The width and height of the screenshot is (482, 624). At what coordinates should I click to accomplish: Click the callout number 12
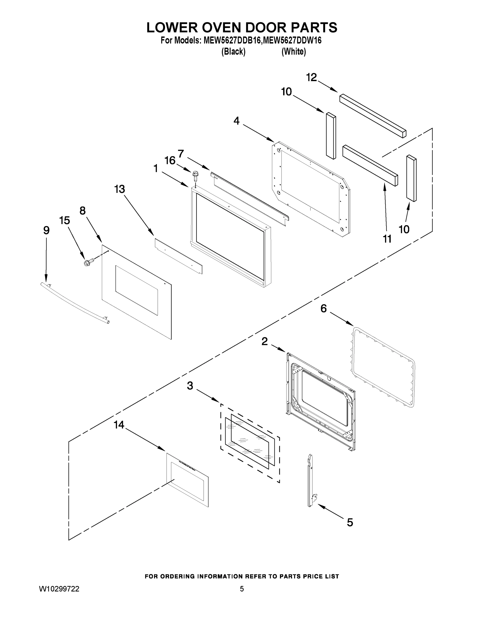312,77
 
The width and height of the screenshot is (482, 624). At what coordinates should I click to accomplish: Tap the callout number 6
323,309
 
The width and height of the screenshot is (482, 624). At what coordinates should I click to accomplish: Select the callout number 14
119,425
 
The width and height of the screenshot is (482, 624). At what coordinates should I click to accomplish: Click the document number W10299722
59,589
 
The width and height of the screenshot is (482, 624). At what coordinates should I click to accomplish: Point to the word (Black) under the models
233,51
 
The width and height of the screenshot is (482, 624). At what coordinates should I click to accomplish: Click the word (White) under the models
294,51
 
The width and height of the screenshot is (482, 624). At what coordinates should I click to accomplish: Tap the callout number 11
387,239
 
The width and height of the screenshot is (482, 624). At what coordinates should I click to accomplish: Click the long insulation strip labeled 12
373,116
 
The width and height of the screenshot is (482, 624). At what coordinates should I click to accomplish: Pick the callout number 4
236,121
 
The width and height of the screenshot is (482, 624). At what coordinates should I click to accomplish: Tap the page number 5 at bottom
242,589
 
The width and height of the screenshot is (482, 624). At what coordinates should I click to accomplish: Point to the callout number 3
190,386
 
